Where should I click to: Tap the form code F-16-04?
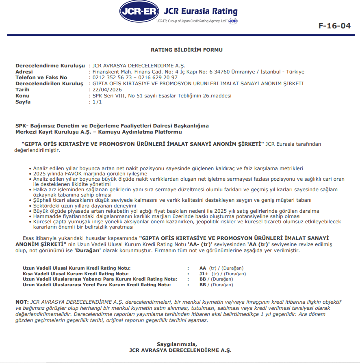tap(334, 26)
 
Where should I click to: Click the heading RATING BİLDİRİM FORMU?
tap(187, 50)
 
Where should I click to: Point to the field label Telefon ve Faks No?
tap(41, 78)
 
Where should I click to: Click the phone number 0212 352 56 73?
tap(112, 78)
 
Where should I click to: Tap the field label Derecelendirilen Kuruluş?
tap(49, 84)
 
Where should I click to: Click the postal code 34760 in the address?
tap(221, 72)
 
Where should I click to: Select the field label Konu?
tap(22, 96)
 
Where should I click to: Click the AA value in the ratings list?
tap(203, 268)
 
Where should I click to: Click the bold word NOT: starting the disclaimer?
tap(22, 302)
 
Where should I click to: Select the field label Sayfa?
tap(23, 102)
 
